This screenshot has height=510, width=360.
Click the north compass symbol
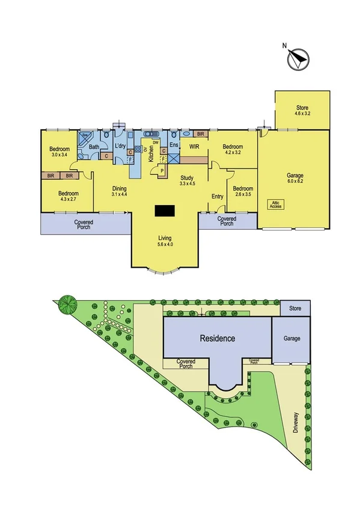click(297, 58)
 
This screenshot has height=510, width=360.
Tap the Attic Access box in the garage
click(275, 204)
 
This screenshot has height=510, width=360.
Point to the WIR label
click(194, 146)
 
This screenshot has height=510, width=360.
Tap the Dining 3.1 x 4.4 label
click(120, 191)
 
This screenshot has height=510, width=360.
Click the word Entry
click(218, 197)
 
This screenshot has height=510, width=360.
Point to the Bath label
click(94, 147)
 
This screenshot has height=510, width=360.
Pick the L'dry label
click(120, 146)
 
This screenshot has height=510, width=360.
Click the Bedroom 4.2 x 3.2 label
click(233, 150)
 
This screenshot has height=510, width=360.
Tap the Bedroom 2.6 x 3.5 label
click(243, 190)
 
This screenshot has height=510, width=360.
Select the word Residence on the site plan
click(218, 339)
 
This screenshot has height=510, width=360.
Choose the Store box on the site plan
click(295, 309)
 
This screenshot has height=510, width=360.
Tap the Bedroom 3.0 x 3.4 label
click(59, 152)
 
